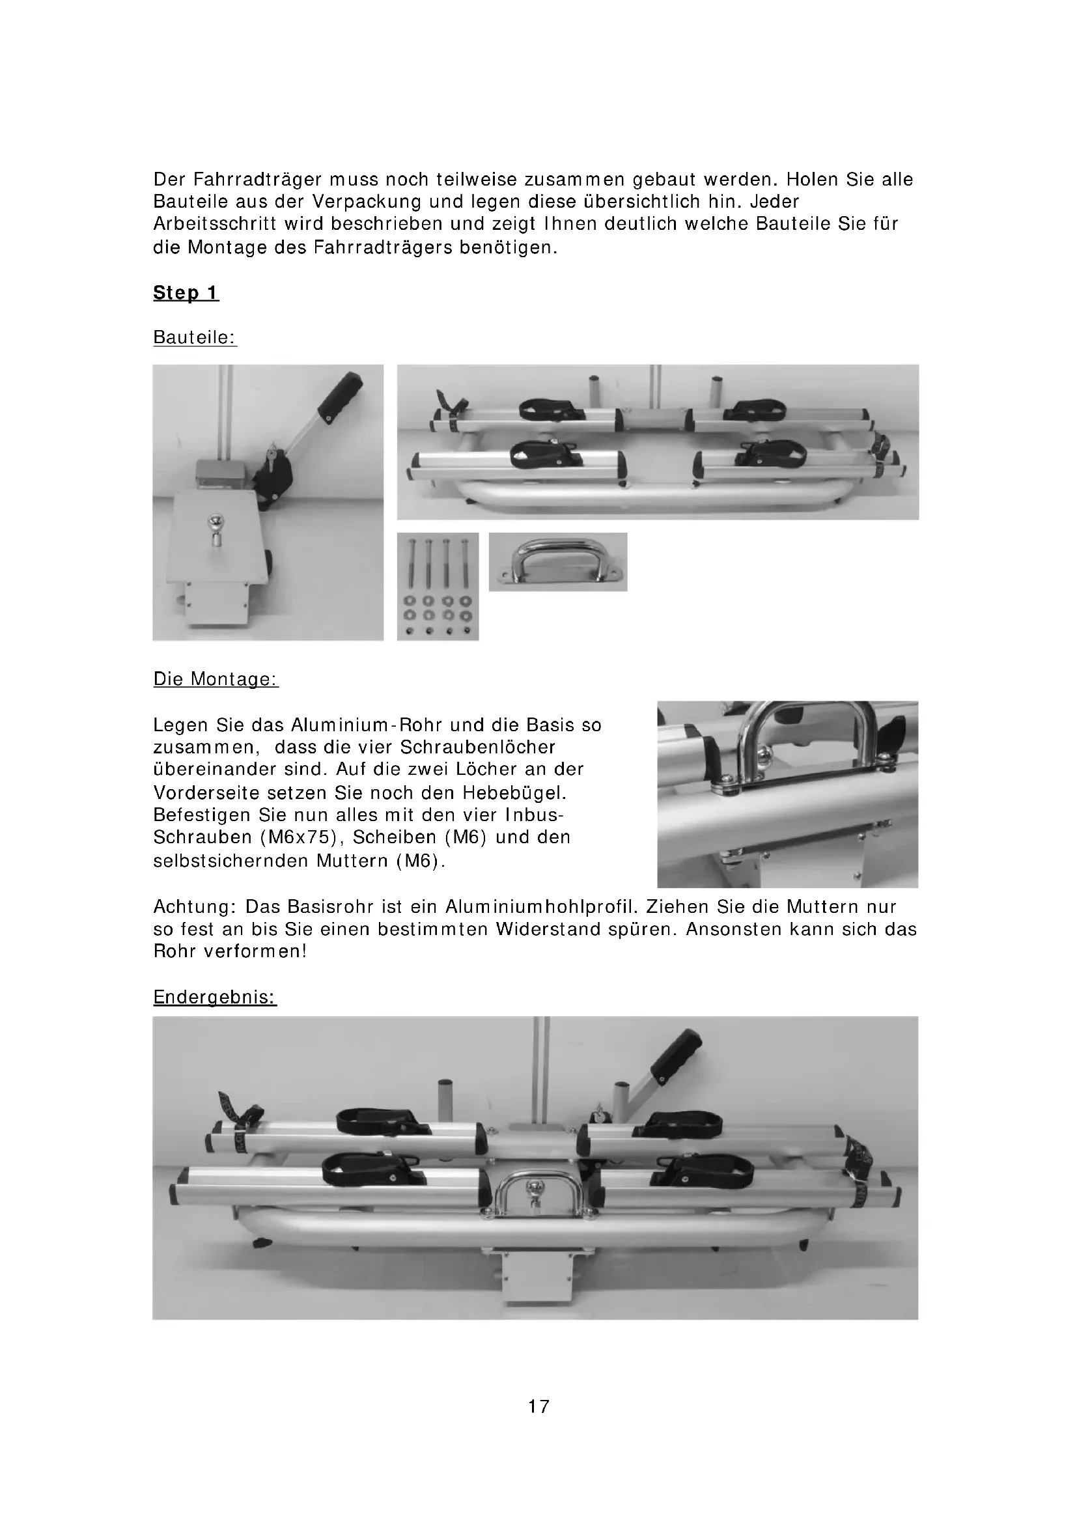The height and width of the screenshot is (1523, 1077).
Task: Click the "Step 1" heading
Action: (186, 292)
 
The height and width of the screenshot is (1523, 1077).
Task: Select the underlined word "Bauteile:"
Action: (195, 337)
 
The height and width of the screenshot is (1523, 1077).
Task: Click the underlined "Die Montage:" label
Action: (216, 679)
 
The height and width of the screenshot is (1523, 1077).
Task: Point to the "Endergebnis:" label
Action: (215, 997)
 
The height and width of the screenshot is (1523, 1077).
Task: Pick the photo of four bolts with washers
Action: (438, 587)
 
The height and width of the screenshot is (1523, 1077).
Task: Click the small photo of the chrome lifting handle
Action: (558, 561)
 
